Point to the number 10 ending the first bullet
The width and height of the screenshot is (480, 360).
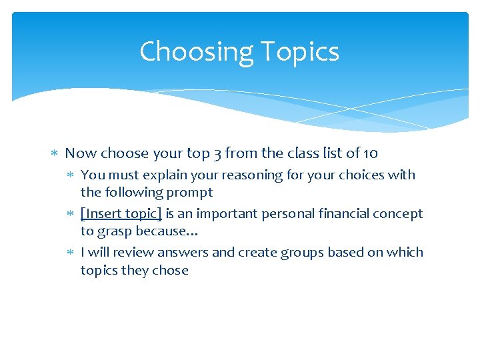[371, 153]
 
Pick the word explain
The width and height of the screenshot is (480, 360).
[161, 175]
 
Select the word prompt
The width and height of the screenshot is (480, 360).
[191, 193]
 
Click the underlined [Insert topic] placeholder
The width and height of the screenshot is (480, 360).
[121, 214]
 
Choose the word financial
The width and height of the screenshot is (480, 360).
[335, 214]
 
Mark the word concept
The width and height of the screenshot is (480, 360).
[399, 214]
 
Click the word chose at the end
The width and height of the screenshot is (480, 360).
[171, 270]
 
